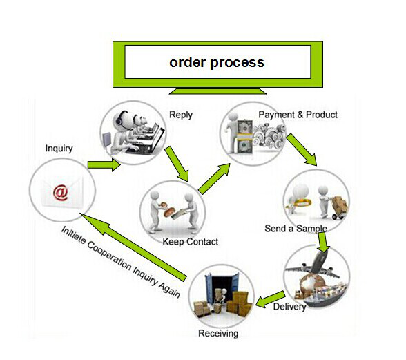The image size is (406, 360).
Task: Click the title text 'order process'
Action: (x=217, y=62)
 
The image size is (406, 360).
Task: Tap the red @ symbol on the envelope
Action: (x=60, y=193)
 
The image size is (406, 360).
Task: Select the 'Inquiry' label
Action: (x=59, y=149)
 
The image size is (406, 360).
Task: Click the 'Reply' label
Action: (x=181, y=115)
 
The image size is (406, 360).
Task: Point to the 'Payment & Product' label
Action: (x=298, y=115)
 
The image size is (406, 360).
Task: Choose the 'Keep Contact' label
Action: (x=191, y=242)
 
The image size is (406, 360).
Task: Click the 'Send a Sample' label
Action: (x=296, y=228)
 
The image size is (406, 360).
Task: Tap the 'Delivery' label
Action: (x=289, y=307)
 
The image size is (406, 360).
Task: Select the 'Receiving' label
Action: (x=218, y=333)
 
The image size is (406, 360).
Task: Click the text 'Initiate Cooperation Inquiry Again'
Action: (x=120, y=262)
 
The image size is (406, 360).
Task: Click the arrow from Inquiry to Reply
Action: (x=104, y=165)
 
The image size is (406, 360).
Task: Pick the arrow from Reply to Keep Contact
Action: (x=177, y=164)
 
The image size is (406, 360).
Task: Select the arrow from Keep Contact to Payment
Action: (x=214, y=178)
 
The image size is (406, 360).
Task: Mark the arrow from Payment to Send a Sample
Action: (x=302, y=149)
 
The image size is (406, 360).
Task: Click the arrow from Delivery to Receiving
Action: (x=271, y=299)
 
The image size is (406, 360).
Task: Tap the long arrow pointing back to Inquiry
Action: (x=133, y=247)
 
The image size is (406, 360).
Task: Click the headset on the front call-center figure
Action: (x=119, y=118)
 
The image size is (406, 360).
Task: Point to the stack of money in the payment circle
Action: (x=244, y=137)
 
